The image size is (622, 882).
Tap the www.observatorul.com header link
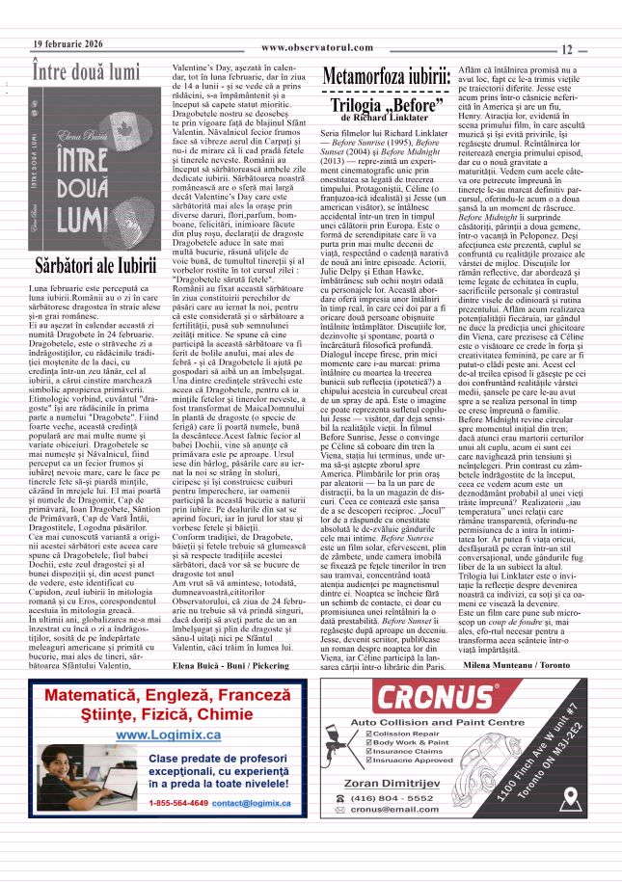pos(316,47)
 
